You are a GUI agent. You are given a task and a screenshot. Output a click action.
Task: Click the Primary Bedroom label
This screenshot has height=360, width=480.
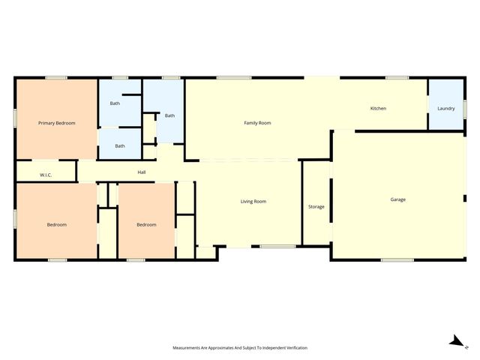click(57, 123)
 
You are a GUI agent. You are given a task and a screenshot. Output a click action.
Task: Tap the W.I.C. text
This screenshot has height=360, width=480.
click(45, 175)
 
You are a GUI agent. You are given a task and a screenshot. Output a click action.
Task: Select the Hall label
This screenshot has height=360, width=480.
click(141, 172)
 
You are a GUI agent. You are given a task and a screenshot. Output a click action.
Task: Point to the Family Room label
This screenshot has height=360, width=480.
click(257, 123)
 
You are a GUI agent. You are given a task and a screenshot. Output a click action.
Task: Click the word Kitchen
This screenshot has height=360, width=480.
click(378, 109)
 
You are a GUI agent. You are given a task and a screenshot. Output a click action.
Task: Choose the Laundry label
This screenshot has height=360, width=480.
click(445, 109)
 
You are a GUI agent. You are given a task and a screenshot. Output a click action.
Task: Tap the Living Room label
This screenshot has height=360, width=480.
click(253, 202)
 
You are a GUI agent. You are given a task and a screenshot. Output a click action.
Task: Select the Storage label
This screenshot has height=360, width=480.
click(316, 206)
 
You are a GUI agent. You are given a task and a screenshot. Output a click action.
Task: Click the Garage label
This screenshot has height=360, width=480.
click(397, 199)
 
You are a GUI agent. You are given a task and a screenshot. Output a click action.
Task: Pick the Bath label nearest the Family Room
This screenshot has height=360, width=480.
click(170, 115)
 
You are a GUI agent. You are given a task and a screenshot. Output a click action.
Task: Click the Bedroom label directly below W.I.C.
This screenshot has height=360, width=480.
click(57, 225)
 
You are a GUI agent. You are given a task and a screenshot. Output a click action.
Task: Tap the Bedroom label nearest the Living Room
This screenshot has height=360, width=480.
click(146, 225)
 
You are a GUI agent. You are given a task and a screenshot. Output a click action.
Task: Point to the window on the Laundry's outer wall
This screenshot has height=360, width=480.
click(464, 108)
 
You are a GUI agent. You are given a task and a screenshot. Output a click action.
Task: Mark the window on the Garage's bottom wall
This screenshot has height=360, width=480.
click(397, 260)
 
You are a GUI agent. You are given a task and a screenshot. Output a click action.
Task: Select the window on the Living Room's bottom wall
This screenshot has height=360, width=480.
click(277, 247)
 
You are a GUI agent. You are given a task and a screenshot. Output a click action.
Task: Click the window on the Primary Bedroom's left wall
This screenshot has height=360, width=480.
click(15, 118)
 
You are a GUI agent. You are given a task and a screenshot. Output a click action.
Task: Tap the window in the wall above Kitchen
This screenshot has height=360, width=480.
click(397, 77)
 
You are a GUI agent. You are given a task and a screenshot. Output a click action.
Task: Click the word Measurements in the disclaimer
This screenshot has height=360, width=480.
click(187, 348)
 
